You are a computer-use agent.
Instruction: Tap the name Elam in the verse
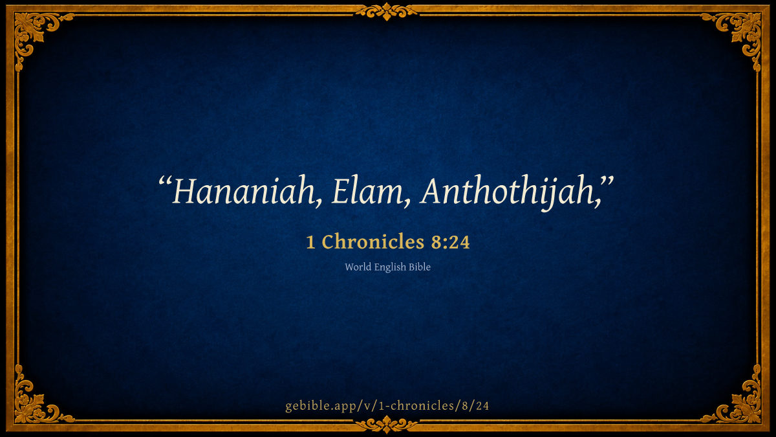click(x=367, y=192)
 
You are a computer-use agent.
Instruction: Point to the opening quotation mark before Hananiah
click(x=165, y=182)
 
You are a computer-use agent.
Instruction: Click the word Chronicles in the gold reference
click(x=373, y=241)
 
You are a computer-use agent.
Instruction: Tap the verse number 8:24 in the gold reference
click(x=450, y=242)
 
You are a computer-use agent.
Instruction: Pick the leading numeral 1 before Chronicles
click(x=311, y=242)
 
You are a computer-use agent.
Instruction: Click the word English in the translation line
click(x=390, y=267)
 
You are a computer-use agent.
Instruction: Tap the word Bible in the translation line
click(x=420, y=267)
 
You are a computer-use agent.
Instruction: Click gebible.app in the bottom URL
click(x=319, y=406)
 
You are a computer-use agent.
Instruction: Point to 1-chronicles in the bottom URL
click(x=416, y=406)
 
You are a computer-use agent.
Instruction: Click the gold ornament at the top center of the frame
click(x=386, y=12)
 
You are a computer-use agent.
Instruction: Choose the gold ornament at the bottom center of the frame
click(x=386, y=425)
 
